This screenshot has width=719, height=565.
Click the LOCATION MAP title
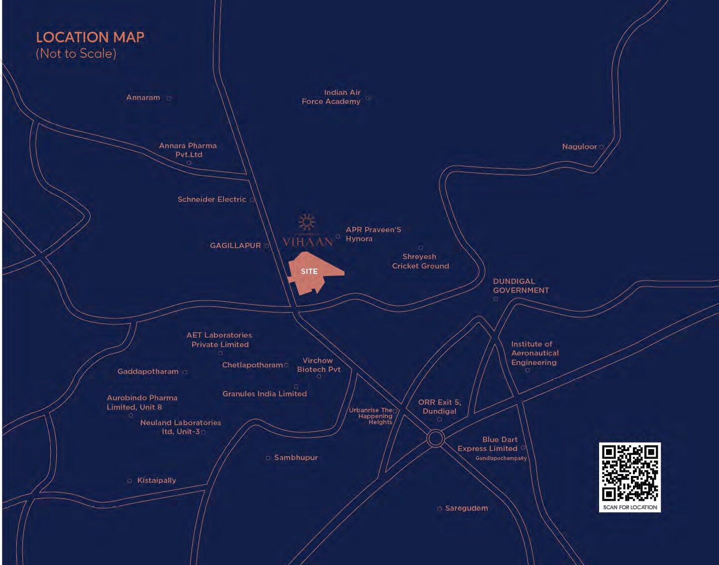[x=90, y=37]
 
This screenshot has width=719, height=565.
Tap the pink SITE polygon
[x=311, y=273]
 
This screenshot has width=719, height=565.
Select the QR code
[x=629, y=472]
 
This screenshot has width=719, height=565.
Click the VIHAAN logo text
[x=307, y=242]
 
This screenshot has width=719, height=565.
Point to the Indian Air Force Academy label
[x=331, y=97]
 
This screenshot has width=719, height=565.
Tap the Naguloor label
[x=579, y=147]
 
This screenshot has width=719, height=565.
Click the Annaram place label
[x=143, y=97]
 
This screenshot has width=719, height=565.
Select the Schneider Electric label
[x=212, y=199]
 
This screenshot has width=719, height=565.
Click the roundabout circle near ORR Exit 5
[x=435, y=439]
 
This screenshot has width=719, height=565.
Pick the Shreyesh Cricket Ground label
[x=420, y=261]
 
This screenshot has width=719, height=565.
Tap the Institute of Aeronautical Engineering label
[x=534, y=353]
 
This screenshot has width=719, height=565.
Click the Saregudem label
[x=466, y=508]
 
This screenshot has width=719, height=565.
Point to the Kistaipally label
[x=156, y=480]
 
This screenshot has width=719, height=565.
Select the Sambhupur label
[x=296, y=458]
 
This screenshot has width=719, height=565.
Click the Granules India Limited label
[x=264, y=394]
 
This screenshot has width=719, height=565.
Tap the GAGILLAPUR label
[x=235, y=246]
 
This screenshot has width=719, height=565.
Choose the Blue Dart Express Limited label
[x=488, y=444]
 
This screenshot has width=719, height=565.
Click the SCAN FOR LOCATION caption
[x=630, y=507]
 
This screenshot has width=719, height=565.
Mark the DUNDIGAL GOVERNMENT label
[x=521, y=286]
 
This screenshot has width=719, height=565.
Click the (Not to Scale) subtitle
[x=76, y=54]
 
